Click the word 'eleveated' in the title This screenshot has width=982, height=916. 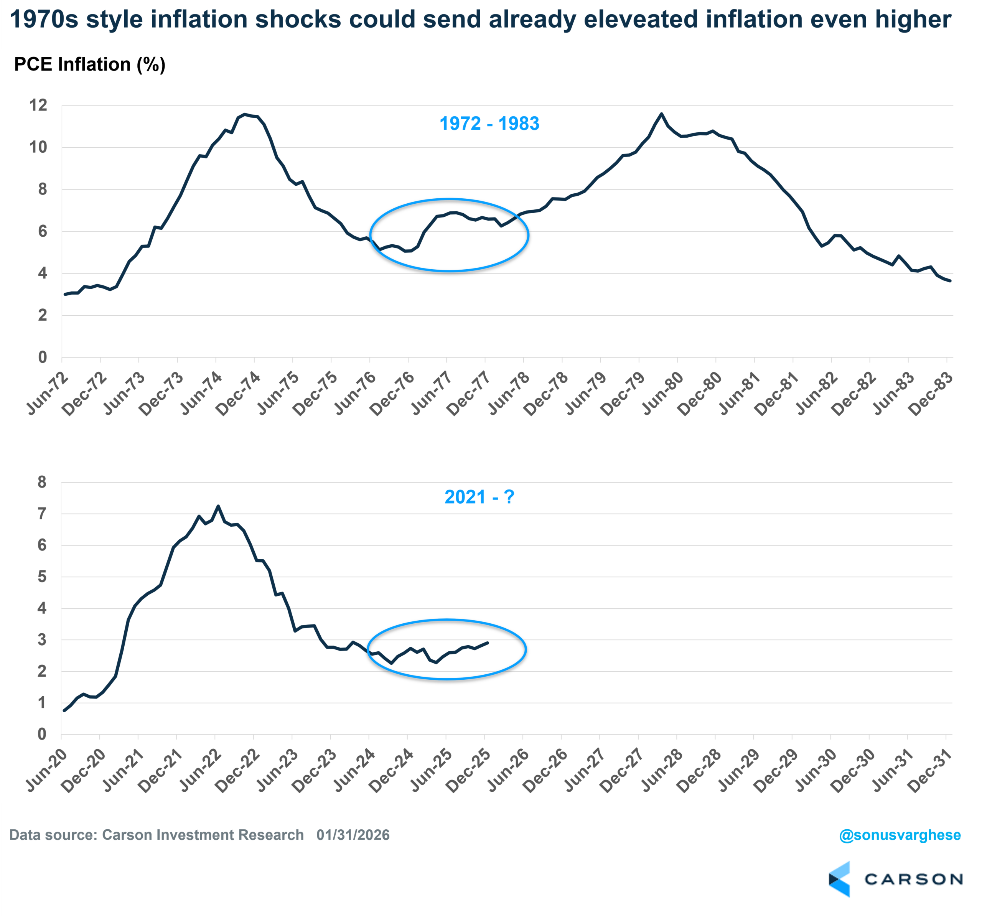point(638,20)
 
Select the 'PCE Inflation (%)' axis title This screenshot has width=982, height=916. point(89,65)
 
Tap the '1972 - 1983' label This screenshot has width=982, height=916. point(489,124)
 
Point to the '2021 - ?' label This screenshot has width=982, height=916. point(479,497)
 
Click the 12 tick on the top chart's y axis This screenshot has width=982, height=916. point(38,105)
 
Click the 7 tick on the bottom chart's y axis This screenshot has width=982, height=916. point(42,514)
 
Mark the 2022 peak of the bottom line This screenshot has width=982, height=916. point(218,506)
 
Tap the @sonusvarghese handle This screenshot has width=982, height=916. point(900,835)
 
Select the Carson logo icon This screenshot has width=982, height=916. point(839,880)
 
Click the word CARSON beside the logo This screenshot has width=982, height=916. point(913,880)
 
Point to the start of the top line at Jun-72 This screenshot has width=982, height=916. point(65,295)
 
